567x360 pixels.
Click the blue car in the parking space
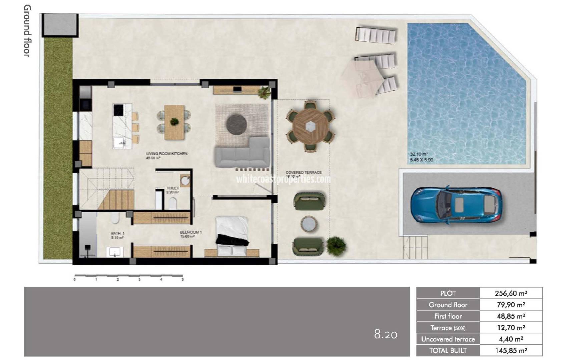coord(456,204)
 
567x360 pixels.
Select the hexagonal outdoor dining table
coord(311,126)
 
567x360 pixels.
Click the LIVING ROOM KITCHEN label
coord(167,154)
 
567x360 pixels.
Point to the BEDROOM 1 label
coord(191,232)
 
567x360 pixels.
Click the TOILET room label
coord(173,188)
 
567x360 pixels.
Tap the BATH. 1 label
coord(118,233)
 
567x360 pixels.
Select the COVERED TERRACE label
coord(303,172)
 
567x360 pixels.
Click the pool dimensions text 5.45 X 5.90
coord(421,160)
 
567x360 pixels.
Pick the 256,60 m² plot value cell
coord(511,293)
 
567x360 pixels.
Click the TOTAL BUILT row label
coord(448,350)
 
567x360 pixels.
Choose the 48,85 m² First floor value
coord(511,316)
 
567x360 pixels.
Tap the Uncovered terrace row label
coord(448,339)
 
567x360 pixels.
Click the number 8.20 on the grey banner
coord(386,334)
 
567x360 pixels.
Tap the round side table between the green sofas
coord(309,224)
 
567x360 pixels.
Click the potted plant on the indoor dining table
coord(174,122)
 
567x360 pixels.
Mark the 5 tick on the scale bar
coord(183,279)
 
